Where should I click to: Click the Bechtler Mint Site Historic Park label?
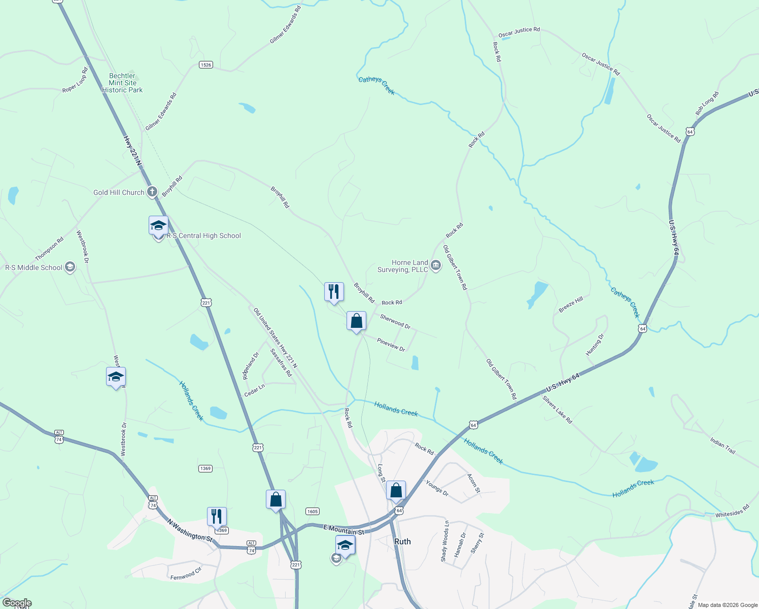pyautogui.click(x=122, y=83)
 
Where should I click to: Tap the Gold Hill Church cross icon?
pyautogui.click(x=152, y=192)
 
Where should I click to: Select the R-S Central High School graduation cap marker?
pyautogui.click(x=158, y=225)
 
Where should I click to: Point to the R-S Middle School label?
pyautogui.click(x=33, y=267)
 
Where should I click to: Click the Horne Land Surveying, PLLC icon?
pyautogui.click(x=436, y=264)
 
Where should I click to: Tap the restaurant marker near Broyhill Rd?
pyautogui.click(x=334, y=292)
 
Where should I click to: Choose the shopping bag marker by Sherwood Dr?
pyautogui.click(x=356, y=321)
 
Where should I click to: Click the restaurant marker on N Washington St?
pyautogui.click(x=217, y=517)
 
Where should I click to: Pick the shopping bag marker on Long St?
pyautogui.click(x=396, y=491)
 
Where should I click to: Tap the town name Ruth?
pyautogui.click(x=402, y=542)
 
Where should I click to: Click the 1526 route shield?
pyautogui.click(x=205, y=65)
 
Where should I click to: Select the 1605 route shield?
pyautogui.click(x=313, y=512)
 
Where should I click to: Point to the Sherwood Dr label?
pyautogui.click(x=395, y=322)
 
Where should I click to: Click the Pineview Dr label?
pyautogui.click(x=391, y=345)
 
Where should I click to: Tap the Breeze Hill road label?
pyautogui.click(x=571, y=305)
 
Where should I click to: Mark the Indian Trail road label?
pyautogui.click(x=722, y=446)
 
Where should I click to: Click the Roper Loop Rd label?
pyautogui.click(x=75, y=80)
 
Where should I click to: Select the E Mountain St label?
pyautogui.click(x=344, y=530)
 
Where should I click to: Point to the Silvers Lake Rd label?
pyautogui.click(x=557, y=410)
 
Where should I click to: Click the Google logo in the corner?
pyautogui.click(x=17, y=603)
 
